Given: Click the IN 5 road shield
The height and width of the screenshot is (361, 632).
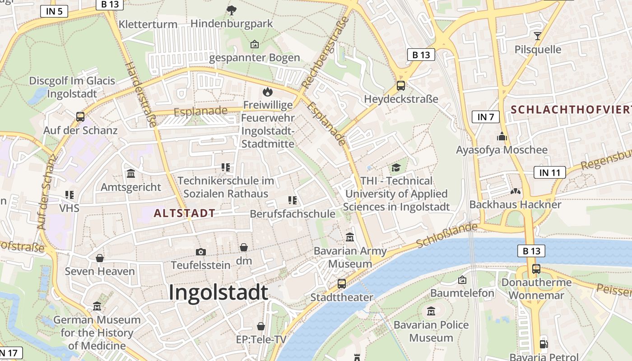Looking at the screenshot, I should (x=54, y=11).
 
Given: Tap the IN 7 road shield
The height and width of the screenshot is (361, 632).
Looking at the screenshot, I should (x=486, y=117).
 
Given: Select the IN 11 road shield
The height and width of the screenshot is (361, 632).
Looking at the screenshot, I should (x=549, y=172).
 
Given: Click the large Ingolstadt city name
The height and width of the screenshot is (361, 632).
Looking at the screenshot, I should (x=218, y=292).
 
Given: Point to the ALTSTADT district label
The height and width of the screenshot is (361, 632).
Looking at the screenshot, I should (x=184, y=213).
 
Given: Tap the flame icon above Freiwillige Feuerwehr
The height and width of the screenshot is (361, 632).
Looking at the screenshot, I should (x=268, y=92).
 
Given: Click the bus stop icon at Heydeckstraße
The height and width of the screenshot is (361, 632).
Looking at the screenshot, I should (x=400, y=86).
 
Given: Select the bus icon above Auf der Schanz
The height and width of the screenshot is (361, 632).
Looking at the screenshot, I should (x=80, y=117).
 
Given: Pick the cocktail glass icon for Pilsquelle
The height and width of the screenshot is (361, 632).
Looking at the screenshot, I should (x=537, y=36).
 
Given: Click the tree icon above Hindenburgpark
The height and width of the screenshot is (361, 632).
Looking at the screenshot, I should (x=232, y=10).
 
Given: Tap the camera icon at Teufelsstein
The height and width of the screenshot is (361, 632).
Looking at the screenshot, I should (x=201, y=252).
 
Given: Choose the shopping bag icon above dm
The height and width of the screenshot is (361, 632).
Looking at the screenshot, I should (x=244, y=247).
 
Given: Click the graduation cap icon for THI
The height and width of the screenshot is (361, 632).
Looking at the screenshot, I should (x=396, y=168).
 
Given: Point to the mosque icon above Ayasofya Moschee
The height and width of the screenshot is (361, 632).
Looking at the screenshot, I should (x=502, y=136).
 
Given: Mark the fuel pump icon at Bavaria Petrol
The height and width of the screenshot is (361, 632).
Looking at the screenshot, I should (x=544, y=344).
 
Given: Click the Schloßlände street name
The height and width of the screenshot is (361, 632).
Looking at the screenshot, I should (x=446, y=235).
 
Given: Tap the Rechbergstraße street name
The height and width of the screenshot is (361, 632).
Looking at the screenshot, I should (x=325, y=52).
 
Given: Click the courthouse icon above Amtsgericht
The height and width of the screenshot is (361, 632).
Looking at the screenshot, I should (x=131, y=173).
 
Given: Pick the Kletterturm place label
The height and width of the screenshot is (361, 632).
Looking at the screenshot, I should (x=148, y=24).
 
